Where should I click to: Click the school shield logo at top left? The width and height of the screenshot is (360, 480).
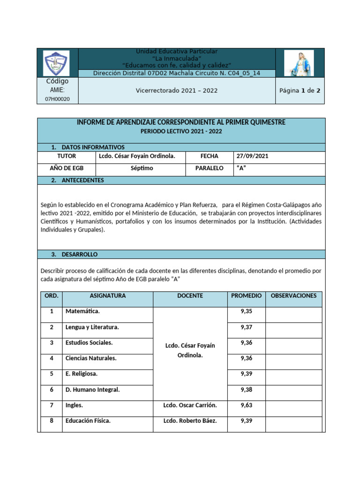tap(56, 63)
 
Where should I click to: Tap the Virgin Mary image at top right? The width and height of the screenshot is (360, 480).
tap(299, 63)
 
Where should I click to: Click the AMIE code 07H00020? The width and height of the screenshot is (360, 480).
tap(57, 99)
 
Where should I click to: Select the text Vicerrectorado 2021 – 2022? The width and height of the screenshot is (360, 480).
tap(176, 90)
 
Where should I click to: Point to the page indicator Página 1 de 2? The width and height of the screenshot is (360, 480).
tap(300, 90)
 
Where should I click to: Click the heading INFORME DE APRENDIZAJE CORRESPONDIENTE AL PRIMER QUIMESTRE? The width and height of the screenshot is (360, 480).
tap(181, 122)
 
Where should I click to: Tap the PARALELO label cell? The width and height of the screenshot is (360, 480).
tap(210, 168)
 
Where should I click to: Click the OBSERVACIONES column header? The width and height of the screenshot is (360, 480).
tap(293, 296)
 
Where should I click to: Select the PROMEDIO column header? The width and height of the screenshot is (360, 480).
tap(246, 296)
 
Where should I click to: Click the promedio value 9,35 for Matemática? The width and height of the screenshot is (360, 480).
tap(246, 311)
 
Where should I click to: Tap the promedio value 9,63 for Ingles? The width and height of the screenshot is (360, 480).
tap(246, 405)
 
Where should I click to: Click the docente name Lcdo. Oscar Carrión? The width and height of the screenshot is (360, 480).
tap(190, 405)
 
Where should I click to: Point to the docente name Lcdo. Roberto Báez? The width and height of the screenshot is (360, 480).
tap(190, 421)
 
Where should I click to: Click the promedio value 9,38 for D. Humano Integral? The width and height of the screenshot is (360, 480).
tap(246, 390)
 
